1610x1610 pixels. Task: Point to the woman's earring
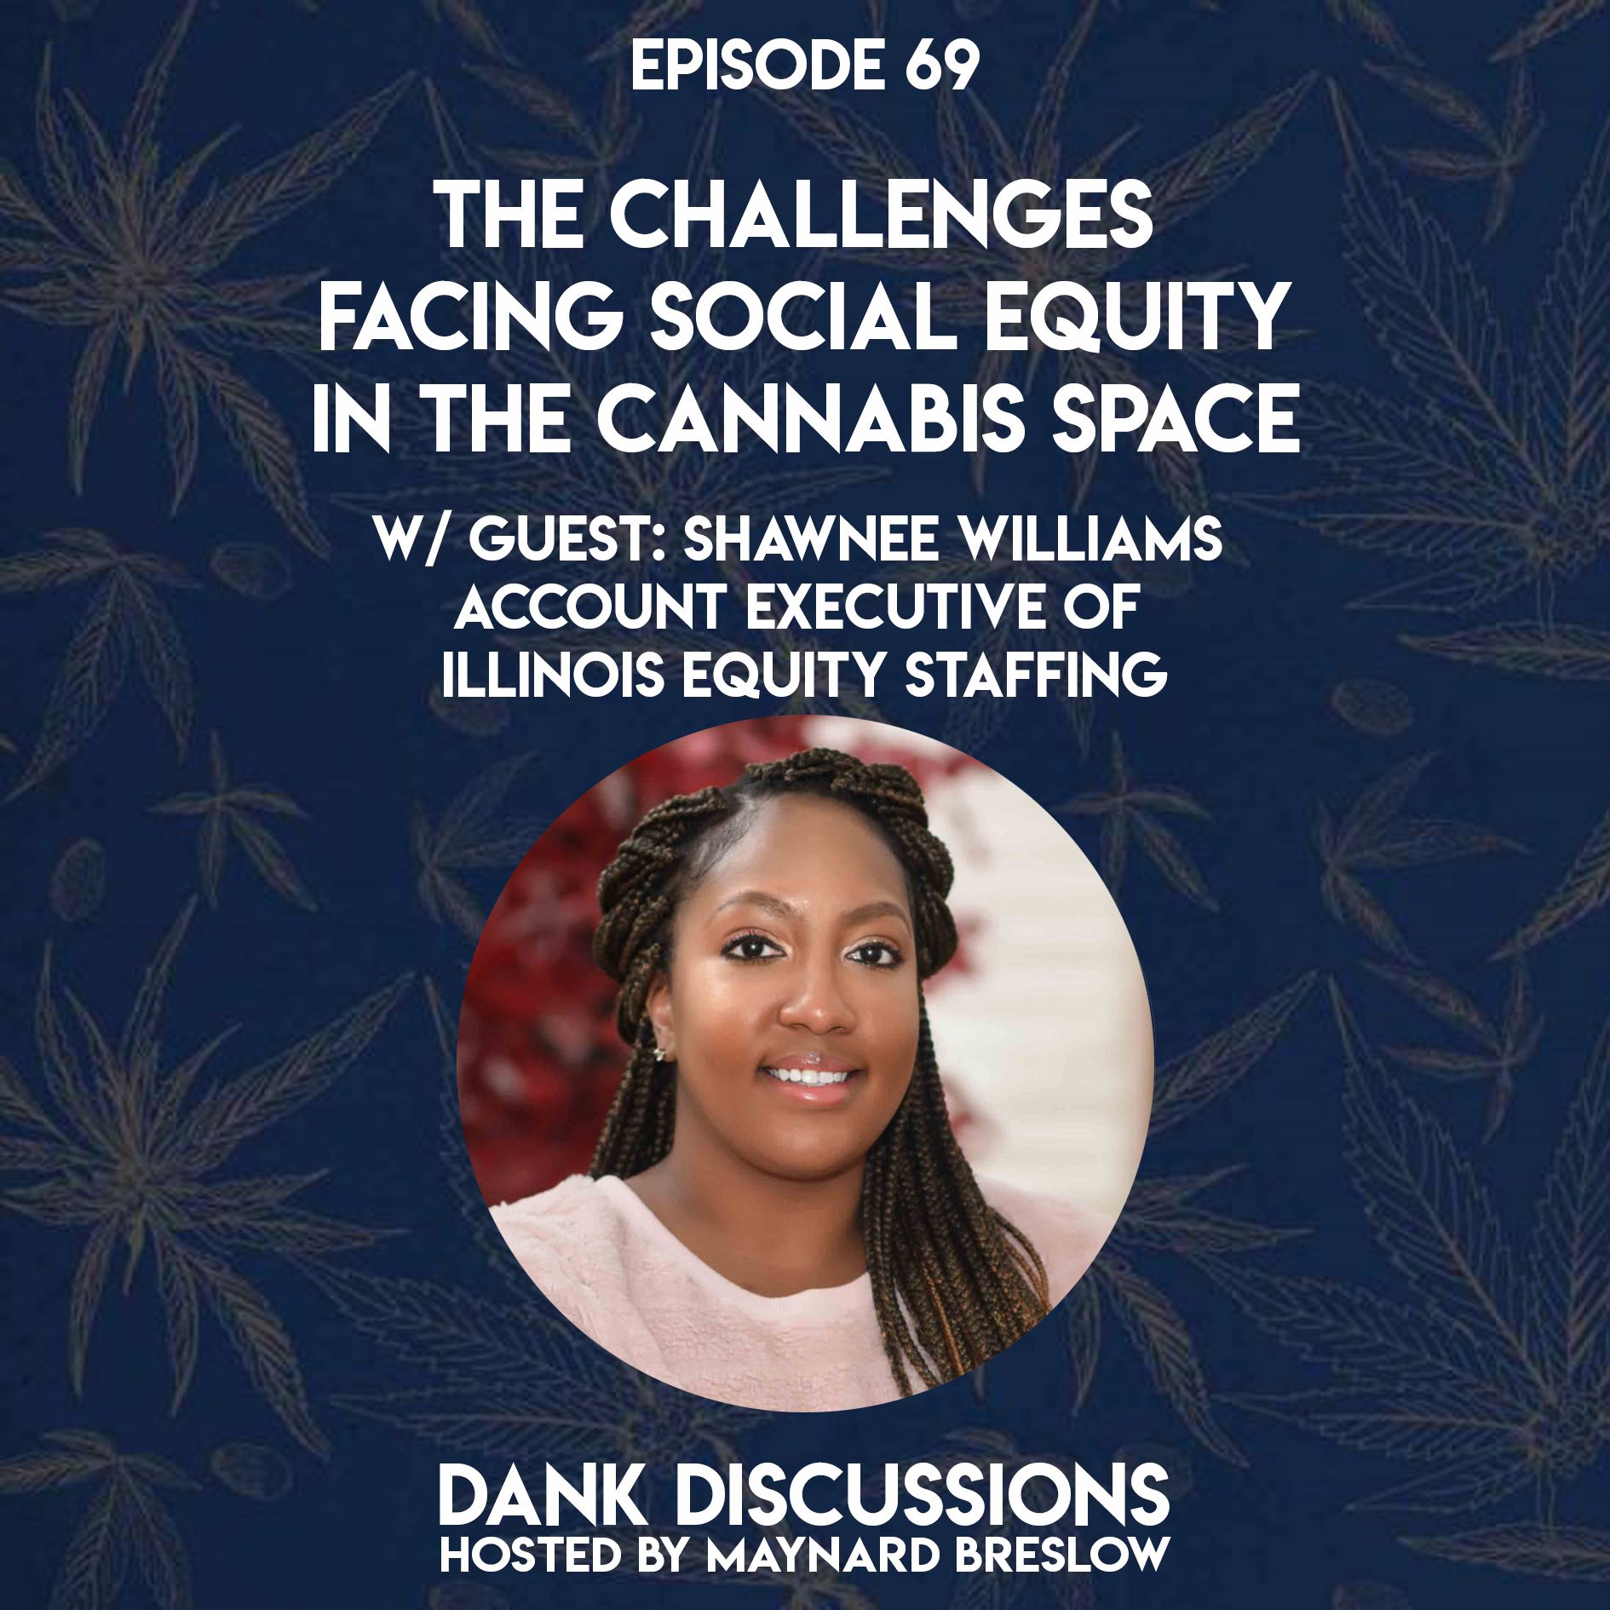[658, 1055]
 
